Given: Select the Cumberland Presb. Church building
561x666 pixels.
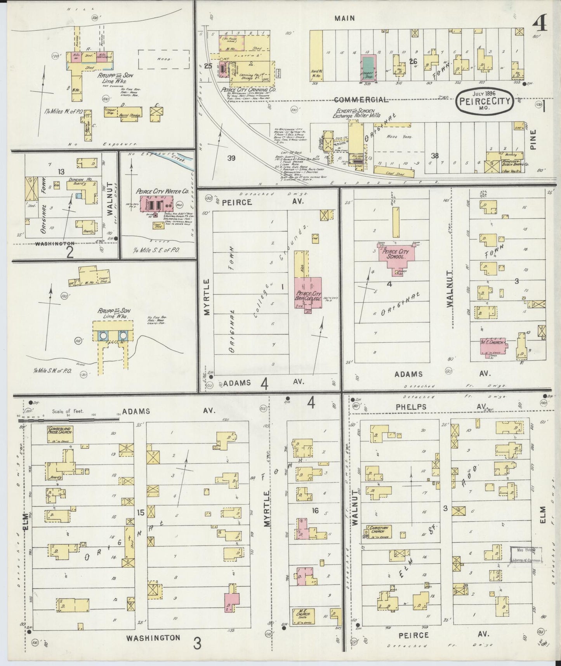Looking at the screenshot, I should (60, 434).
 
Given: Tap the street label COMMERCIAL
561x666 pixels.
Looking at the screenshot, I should (361, 100).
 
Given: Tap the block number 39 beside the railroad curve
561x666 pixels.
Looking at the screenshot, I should (231, 158).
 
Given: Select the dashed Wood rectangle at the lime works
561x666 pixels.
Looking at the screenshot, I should (163, 60).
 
